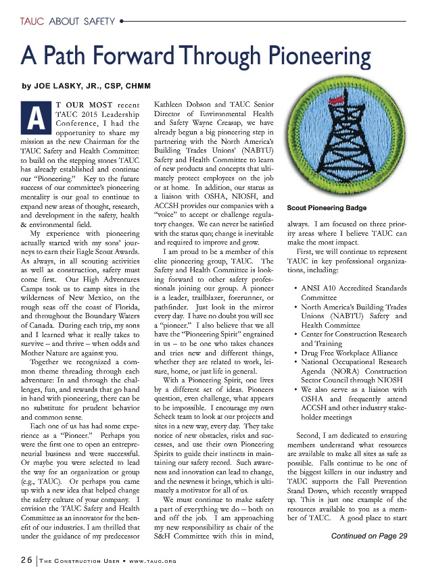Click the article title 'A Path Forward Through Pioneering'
(x=195, y=54)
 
